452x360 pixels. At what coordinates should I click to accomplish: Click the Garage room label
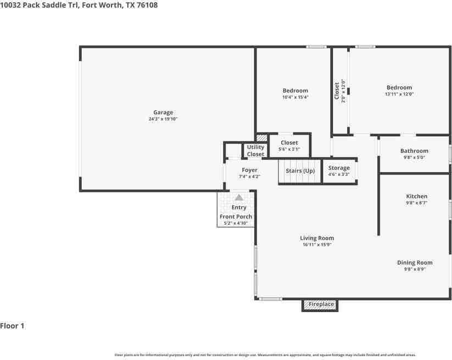pos(163,113)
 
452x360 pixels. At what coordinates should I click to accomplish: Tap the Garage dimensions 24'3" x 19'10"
pos(163,119)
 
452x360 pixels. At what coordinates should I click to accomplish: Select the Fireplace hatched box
pos(320,305)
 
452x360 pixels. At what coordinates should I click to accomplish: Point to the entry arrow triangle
pos(239,198)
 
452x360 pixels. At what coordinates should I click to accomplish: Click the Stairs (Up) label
pos(300,171)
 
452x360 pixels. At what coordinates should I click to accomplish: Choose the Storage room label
pos(339,168)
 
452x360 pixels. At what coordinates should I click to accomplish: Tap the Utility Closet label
pos(255,151)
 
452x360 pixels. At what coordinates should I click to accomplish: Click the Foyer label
pos(250,170)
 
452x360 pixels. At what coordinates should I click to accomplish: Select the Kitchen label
pos(416,196)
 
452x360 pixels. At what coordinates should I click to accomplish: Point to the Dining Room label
pos(415,263)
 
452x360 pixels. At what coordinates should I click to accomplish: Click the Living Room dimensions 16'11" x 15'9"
pos(317,245)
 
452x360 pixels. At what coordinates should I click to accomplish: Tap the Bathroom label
pos(414,151)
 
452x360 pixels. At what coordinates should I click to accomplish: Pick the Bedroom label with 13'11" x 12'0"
pos(399,87)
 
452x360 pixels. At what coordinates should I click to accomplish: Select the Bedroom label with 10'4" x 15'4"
pos(295,91)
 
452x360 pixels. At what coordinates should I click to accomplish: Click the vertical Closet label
pos(337,91)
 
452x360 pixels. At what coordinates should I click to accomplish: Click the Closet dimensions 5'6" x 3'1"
pos(289,149)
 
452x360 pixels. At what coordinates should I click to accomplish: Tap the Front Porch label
pos(236,217)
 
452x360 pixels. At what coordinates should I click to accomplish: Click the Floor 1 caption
pos(12,326)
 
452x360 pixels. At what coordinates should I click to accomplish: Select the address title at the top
pos(79,5)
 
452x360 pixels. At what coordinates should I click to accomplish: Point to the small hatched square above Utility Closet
pos(262,137)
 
